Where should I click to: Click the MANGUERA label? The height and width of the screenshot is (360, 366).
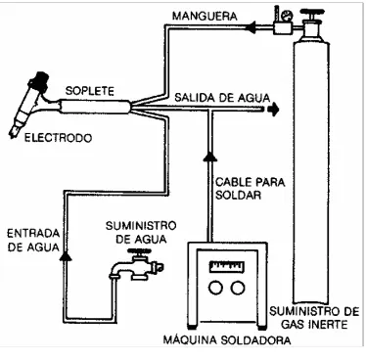coord(205,16)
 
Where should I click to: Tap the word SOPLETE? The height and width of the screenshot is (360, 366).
coord(90,91)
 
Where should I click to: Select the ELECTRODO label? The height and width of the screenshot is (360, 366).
coord(59,138)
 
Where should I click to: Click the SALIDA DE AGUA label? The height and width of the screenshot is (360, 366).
coord(222,98)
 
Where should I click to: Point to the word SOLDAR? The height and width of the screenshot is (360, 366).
coord(239,195)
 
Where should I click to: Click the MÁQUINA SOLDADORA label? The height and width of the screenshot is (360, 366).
coord(227,340)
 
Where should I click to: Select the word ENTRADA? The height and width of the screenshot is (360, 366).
coord(33,233)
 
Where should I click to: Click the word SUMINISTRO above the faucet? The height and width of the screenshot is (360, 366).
coord(141,226)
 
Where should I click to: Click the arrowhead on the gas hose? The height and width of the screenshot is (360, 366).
coord(251,27)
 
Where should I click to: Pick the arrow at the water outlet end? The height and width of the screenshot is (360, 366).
coord(273,110)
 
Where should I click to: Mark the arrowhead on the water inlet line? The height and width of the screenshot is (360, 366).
coord(66,255)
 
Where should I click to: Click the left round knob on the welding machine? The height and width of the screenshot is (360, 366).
coord(216,288)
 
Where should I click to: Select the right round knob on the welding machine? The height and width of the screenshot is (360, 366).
coord(238,288)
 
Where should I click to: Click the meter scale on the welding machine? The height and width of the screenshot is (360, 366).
coord(227,266)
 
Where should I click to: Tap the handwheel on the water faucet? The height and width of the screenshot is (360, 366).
coord(139,251)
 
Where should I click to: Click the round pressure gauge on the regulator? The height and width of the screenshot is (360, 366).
coord(288,16)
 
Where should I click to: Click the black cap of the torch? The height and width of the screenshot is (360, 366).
coord(40,80)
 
